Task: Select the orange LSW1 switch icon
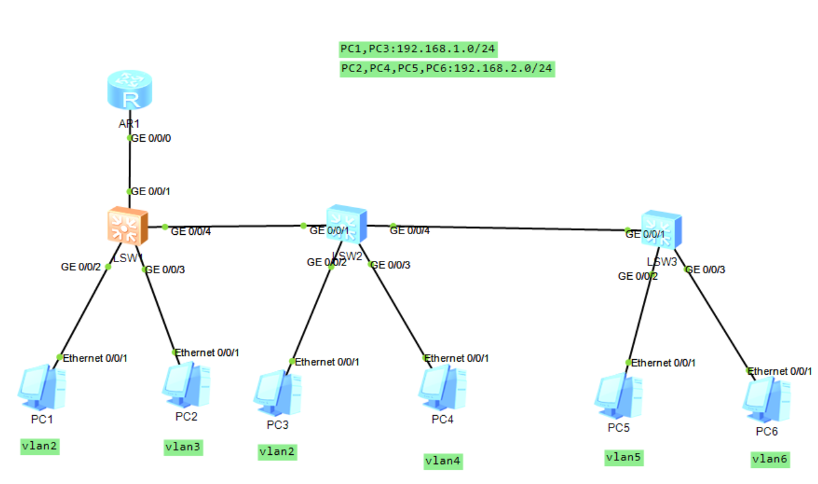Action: coord(127,226)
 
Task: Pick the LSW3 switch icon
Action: coord(661,230)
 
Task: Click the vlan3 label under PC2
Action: coord(183,447)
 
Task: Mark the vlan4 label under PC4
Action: coord(443,461)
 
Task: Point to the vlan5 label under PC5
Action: coord(624,458)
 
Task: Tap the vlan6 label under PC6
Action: coord(770,459)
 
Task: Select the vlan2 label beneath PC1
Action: coord(41,445)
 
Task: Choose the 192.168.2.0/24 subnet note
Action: coord(447,68)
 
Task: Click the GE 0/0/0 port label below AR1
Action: coord(151,138)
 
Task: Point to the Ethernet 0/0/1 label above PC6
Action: coord(779,372)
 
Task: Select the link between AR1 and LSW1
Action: coord(129,165)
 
